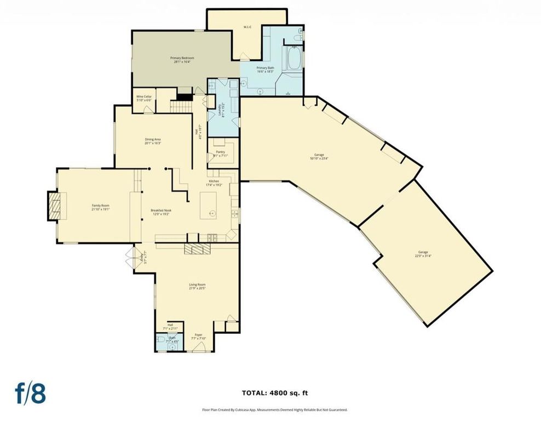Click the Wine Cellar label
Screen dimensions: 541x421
pos(144,98)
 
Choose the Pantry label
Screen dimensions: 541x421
pos(220,153)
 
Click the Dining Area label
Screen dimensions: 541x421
pos(153,141)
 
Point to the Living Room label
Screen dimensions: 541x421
pos(197,286)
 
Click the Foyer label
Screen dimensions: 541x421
pos(198,336)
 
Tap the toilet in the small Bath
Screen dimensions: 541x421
pos(159,340)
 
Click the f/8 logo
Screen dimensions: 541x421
pos(30,392)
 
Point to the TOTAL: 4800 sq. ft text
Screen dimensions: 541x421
pos(271,392)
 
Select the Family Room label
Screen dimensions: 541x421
pos(101,207)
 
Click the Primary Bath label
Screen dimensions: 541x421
pos(265,69)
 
